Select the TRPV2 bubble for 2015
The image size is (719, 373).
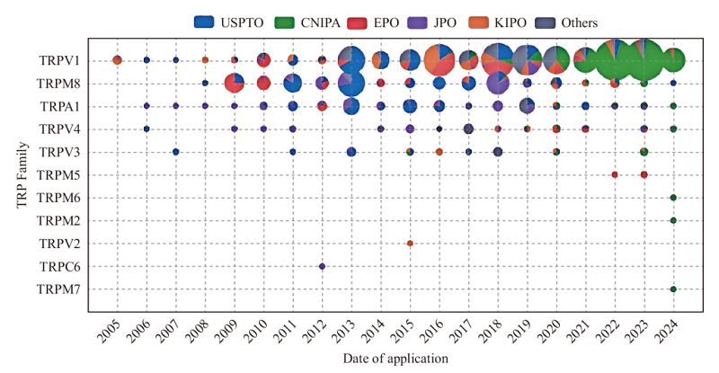coord(410,244)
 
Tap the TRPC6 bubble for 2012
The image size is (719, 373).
coord(322,266)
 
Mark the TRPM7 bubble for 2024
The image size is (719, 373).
coord(673,289)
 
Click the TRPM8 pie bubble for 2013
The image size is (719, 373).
coord(351,84)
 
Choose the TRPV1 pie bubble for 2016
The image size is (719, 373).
coord(439,60)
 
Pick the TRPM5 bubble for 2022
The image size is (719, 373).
coord(615,174)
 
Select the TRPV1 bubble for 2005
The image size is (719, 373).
coord(117,60)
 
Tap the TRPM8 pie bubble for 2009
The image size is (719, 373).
coord(234,84)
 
